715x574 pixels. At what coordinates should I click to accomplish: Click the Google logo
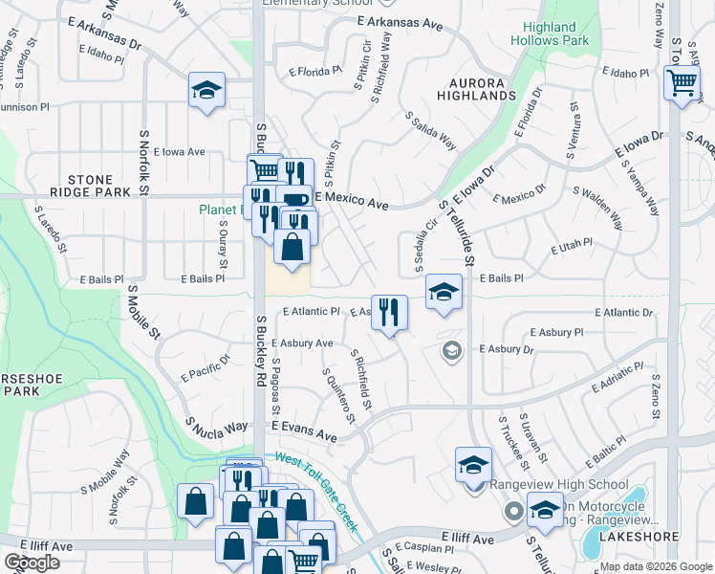[32, 562]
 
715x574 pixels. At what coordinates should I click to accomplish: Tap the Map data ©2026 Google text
[655, 566]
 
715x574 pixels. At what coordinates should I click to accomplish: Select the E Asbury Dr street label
[502, 350]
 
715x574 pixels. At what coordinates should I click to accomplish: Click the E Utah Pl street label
[573, 248]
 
